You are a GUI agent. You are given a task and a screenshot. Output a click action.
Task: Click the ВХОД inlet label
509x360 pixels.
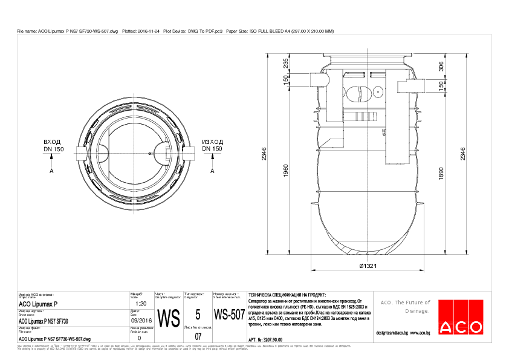[53, 142]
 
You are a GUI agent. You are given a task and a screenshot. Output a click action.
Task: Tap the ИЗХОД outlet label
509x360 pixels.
[212, 142]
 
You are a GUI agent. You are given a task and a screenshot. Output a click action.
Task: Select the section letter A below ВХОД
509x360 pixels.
[52, 171]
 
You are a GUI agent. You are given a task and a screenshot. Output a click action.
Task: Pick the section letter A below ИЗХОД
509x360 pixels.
[213, 171]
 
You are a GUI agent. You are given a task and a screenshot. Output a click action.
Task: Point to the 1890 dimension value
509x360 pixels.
[441, 174]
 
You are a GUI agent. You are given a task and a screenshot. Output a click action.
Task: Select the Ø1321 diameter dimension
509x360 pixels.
[369, 266]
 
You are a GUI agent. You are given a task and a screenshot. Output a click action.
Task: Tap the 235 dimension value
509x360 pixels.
[285, 64]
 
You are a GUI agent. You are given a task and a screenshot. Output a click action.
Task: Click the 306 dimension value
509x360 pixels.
[441, 67]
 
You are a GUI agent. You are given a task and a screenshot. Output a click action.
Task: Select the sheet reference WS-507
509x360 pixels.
[229, 315]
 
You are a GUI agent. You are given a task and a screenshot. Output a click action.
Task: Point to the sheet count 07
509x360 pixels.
[198, 336]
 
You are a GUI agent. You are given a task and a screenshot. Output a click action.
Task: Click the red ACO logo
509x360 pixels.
[461, 316]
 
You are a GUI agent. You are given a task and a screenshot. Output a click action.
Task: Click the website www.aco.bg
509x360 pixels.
[420, 332]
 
